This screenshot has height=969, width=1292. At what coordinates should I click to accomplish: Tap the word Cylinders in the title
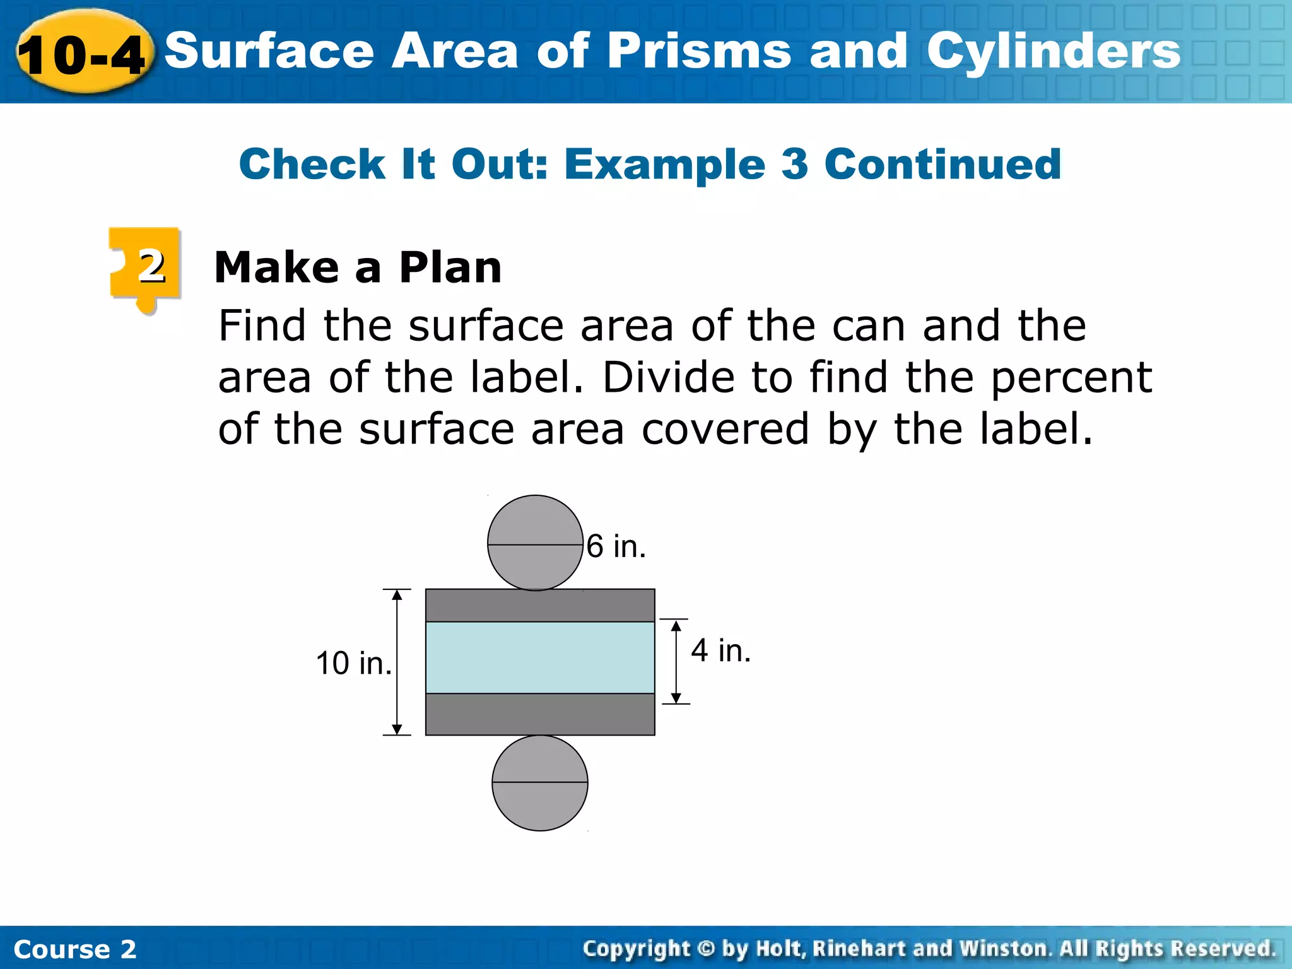click(x=1053, y=52)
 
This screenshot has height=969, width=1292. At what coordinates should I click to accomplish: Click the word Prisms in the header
click(x=699, y=52)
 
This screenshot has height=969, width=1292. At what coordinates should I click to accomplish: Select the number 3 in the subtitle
click(x=795, y=164)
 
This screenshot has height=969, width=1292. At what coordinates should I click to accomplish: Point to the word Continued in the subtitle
click(x=943, y=164)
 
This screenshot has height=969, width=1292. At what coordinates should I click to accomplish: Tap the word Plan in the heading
click(x=450, y=267)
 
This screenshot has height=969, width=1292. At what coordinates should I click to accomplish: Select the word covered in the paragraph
click(x=725, y=429)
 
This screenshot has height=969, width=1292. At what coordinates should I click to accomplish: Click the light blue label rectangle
click(x=540, y=657)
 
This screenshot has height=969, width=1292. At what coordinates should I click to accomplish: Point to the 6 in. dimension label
click(x=616, y=546)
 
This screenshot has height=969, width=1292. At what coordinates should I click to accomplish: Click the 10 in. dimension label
click(x=353, y=664)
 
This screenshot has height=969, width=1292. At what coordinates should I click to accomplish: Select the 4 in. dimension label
click(x=720, y=650)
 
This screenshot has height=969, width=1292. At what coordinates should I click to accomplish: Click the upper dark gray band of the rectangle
click(x=540, y=606)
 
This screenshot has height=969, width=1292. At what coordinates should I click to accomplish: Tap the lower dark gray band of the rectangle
click(x=540, y=714)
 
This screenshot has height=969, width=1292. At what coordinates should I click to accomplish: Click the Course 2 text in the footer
click(x=74, y=949)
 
